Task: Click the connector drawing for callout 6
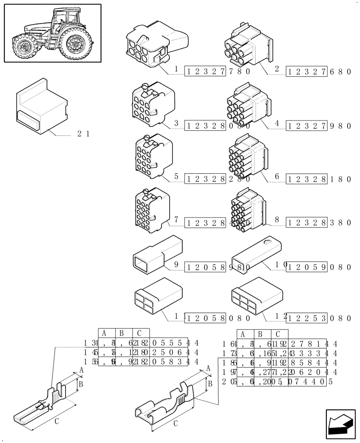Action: pyautogui.click(x=246, y=158)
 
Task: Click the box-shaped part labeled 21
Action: pyautogui.click(x=41, y=106)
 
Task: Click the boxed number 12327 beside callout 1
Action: pyautogui.click(x=206, y=71)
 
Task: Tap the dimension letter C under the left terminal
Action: pyautogui.click(x=57, y=422)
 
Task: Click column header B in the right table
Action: pyautogui.click(x=261, y=334)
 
